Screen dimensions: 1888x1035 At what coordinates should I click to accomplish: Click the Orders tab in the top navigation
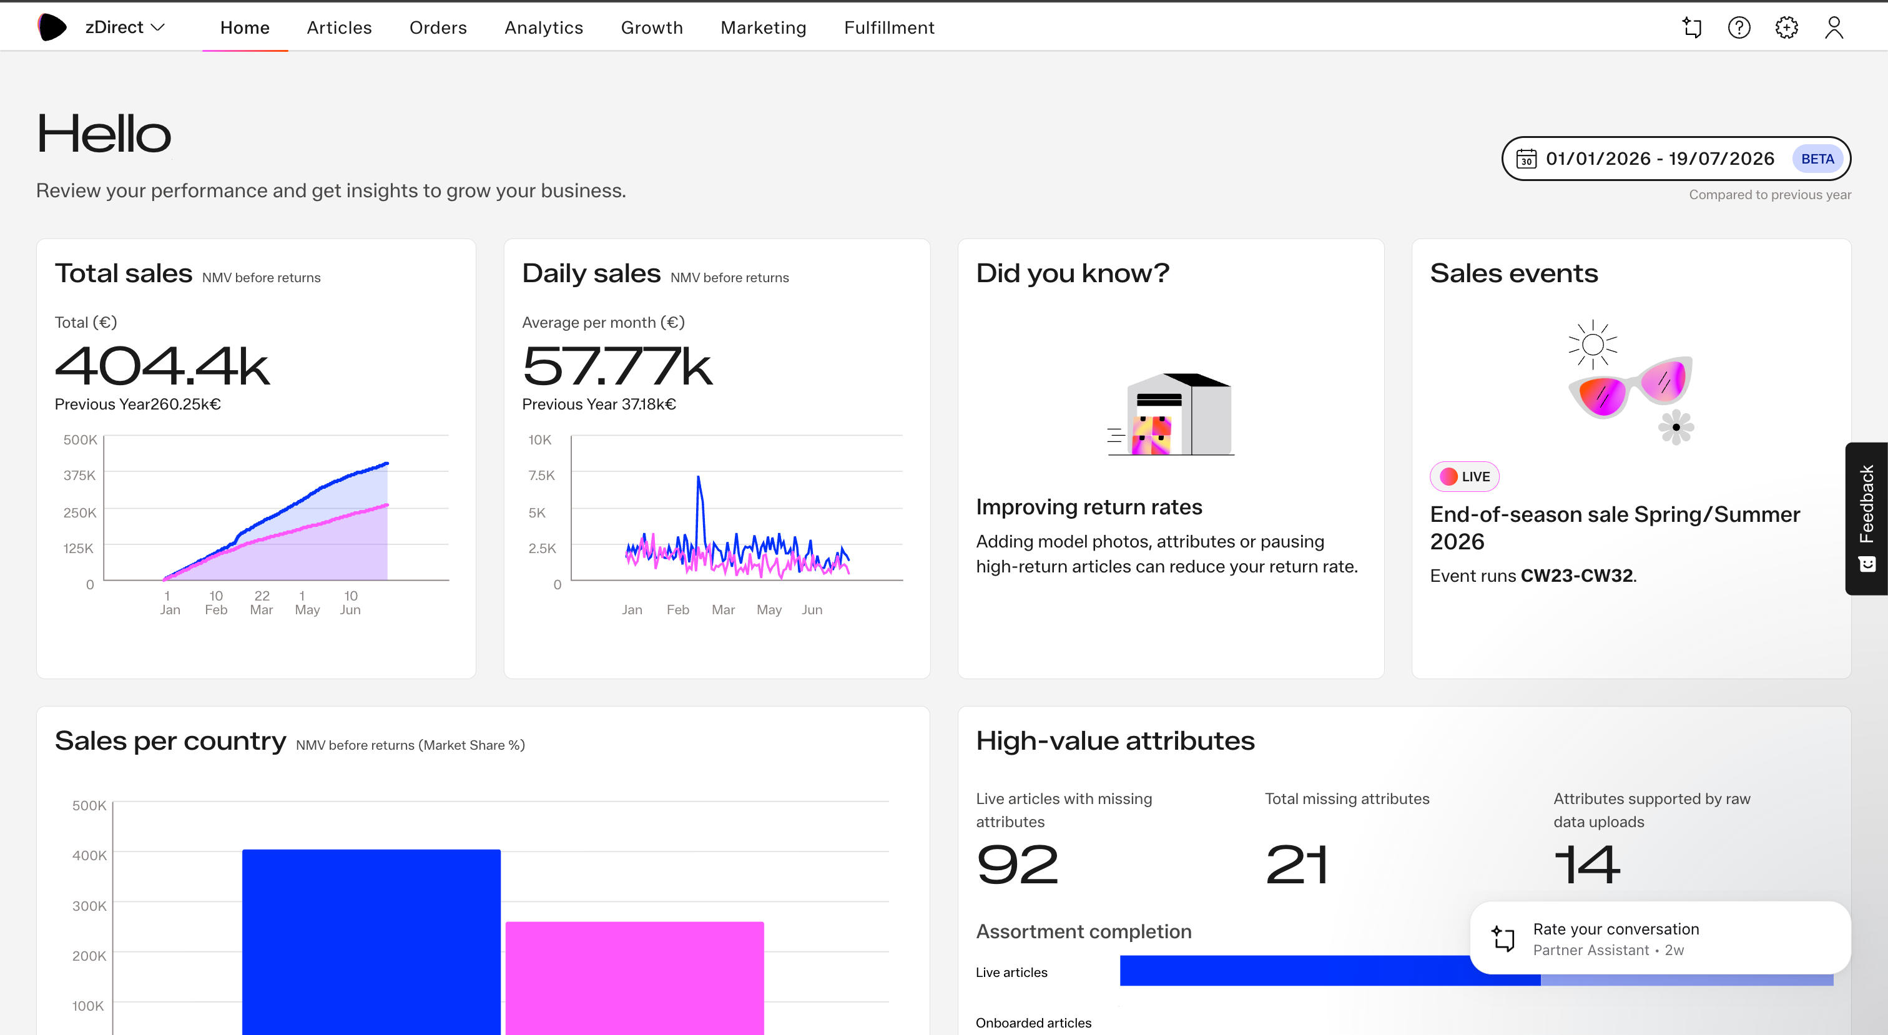pos(438,28)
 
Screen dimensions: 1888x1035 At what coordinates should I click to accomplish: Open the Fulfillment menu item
pos(889,28)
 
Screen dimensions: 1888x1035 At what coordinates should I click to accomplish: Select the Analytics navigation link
pos(544,28)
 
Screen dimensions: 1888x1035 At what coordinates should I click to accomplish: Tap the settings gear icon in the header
pos(1786,28)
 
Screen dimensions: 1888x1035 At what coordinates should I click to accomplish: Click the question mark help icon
pos(1739,28)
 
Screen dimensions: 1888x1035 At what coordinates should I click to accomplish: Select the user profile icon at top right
pos(1834,28)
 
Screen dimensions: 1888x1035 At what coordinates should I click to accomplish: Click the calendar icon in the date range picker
pos(1526,159)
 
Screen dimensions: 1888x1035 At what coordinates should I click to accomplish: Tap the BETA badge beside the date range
pos(1817,159)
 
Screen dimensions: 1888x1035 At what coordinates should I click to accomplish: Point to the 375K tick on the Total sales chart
pos(79,475)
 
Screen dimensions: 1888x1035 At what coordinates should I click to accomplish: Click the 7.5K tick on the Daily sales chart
pos(542,475)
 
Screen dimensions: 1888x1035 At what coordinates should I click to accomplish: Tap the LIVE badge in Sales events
pos(1464,476)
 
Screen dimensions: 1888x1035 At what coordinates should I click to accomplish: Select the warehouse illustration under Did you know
pos(1171,414)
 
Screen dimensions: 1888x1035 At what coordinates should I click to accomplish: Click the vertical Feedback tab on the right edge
pos(1866,518)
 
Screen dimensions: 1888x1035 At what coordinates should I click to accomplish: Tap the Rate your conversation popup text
pos(1616,929)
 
